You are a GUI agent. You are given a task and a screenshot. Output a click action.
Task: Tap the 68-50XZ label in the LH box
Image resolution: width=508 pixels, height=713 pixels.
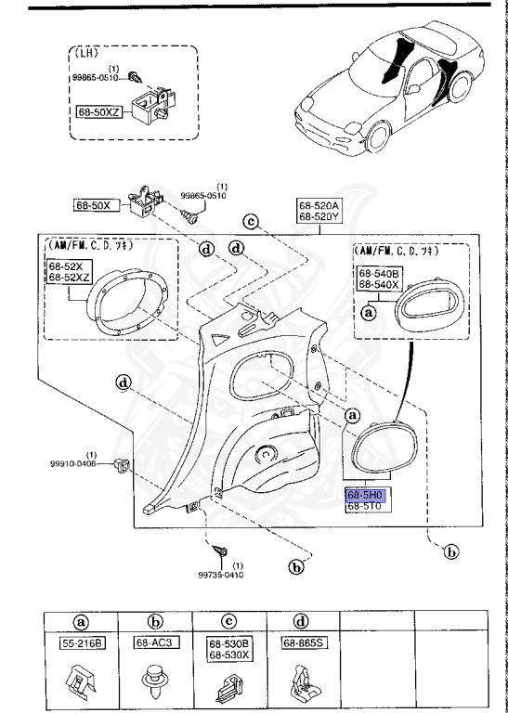coord(99,111)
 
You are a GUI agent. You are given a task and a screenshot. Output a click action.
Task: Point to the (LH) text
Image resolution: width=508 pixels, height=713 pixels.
coord(86,54)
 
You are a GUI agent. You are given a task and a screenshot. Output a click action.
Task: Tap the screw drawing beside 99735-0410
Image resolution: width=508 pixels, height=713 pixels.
coord(223,552)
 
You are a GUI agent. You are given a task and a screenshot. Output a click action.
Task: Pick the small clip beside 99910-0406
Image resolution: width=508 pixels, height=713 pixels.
coord(120,463)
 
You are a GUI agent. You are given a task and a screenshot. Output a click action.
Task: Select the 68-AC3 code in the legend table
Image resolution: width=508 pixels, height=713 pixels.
coord(154,642)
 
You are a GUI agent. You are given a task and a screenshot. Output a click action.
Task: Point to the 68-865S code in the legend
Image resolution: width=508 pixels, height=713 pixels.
coord(302,642)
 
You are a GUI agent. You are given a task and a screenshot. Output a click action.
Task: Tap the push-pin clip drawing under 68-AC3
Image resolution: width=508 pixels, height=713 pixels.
coord(154,682)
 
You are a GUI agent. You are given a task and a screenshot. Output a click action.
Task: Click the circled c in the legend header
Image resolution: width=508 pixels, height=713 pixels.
coord(228,622)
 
